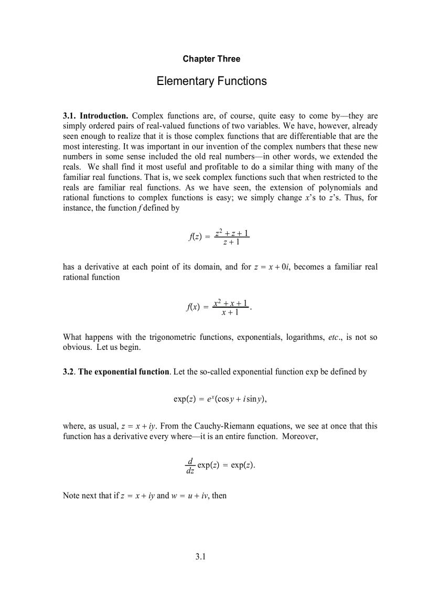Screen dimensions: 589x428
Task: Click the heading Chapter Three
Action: pyautogui.click(x=211, y=59)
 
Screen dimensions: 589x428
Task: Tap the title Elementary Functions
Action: pyautogui.click(x=211, y=81)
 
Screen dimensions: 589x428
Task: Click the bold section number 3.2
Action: pyautogui.click(x=69, y=371)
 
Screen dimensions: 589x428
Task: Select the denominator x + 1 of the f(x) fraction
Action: pyautogui.click(x=230, y=313)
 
